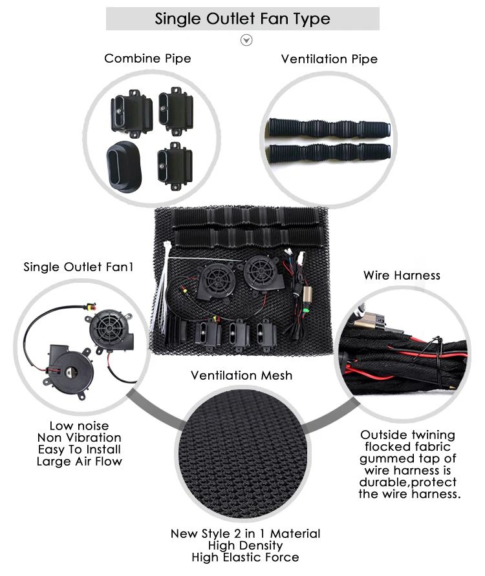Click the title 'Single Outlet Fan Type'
(x=242, y=19)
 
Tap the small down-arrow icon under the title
(x=246, y=40)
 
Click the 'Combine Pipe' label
(x=147, y=59)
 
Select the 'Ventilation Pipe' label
(x=329, y=59)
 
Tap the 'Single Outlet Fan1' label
(x=78, y=267)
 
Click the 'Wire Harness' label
(x=402, y=275)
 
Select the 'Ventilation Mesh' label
(x=241, y=375)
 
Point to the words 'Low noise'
(x=79, y=426)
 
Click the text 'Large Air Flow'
(x=79, y=461)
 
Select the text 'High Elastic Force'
(x=245, y=557)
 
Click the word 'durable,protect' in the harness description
(x=408, y=482)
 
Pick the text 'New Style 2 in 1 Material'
(x=245, y=533)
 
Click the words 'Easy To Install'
(x=79, y=449)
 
